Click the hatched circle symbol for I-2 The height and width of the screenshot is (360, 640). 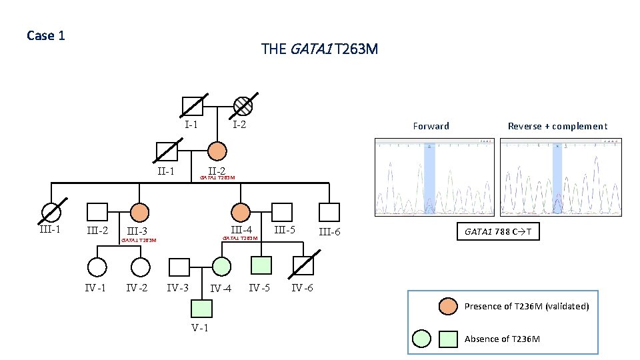tap(243, 106)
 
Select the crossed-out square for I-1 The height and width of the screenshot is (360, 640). tap(193, 106)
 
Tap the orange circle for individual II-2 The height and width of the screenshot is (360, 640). tap(217, 152)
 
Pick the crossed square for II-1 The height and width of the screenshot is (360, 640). tap(167, 152)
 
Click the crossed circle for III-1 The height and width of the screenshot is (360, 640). tap(51, 212)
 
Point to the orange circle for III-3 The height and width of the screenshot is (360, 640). tap(139, 212)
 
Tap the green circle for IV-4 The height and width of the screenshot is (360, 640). tap(222, 267)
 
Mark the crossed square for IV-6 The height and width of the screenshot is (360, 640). tap(304, 267)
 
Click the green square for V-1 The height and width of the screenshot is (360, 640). tap(201, 308)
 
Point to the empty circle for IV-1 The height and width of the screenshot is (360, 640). tap(97, 267)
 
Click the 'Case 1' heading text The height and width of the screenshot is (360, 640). tap(46, 35)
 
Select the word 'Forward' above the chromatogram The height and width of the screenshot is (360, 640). tap(431, 126)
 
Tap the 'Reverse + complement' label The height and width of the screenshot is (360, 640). tap(557, 126)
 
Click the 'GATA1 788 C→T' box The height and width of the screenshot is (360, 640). tap(497, 232)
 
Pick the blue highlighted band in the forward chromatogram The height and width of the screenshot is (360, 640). tap(429, 177)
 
